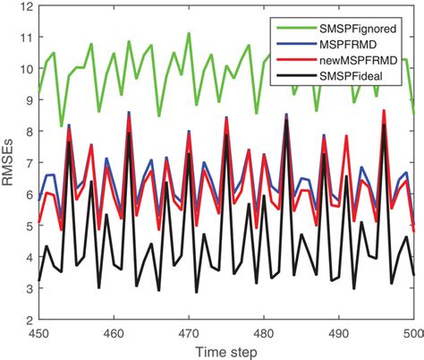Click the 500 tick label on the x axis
click(x=411, y=331)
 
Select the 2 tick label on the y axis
click(x=30, y=320)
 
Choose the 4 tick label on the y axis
click(x=30, y=257)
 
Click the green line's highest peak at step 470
click(x=189, y=34)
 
